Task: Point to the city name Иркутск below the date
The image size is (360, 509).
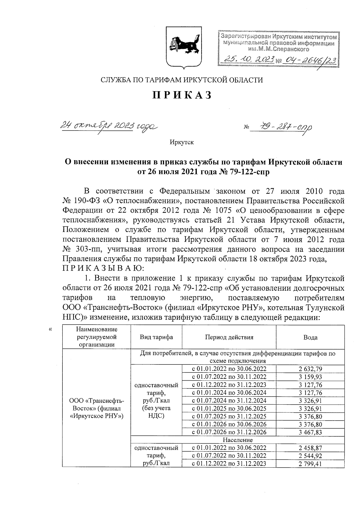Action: coord(181,142)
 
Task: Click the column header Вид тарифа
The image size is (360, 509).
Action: coord(156,337)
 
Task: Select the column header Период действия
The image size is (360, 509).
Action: coord(229,337)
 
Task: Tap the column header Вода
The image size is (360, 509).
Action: coord(310,337)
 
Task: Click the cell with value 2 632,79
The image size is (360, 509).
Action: coord(310,369)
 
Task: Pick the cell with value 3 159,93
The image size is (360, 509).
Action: coord(310,377)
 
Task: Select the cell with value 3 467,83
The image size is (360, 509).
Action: coord(310,432)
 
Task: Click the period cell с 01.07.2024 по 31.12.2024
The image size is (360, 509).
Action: coord(229,401)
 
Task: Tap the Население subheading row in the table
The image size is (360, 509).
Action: coord(237,440)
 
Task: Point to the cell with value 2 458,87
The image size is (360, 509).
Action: coord(310,448)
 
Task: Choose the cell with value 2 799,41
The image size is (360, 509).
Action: coord(310,464)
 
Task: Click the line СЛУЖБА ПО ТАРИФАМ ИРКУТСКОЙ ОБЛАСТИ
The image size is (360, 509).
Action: coord(181,80)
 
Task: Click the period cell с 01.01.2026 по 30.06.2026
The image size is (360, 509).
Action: coord(229,424)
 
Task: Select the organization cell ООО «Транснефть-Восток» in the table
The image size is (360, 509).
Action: coord(96,408)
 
